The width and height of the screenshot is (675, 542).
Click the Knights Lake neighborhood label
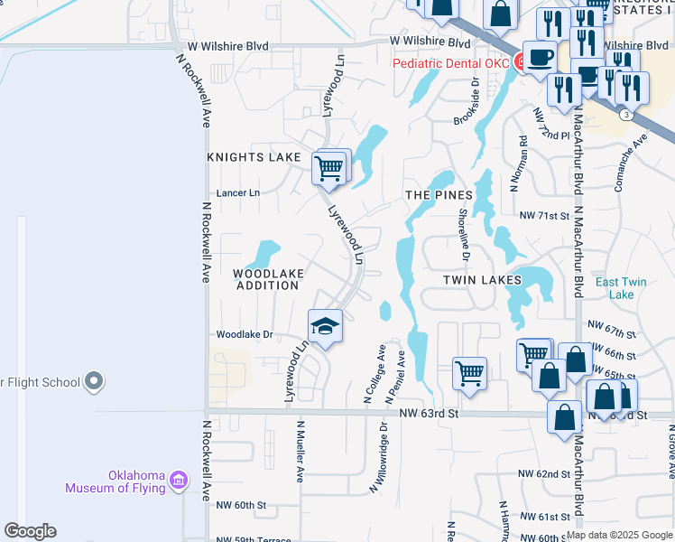[x=254, y=157]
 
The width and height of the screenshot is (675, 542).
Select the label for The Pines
[x=439, y=195]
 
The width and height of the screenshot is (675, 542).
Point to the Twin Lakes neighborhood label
[x=483, y=280]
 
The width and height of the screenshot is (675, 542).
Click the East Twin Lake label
[x=621, y=288]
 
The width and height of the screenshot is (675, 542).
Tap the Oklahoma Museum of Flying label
[x=115, y=481]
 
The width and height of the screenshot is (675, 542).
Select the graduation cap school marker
[x=326, y=325]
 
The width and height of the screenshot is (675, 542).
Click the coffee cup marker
[x=541, y=57]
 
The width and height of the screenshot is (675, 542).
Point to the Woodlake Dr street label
[x=244, y=334]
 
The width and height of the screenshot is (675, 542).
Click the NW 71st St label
[x=545, y=216]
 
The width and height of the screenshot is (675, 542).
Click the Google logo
[x=30, y=531]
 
